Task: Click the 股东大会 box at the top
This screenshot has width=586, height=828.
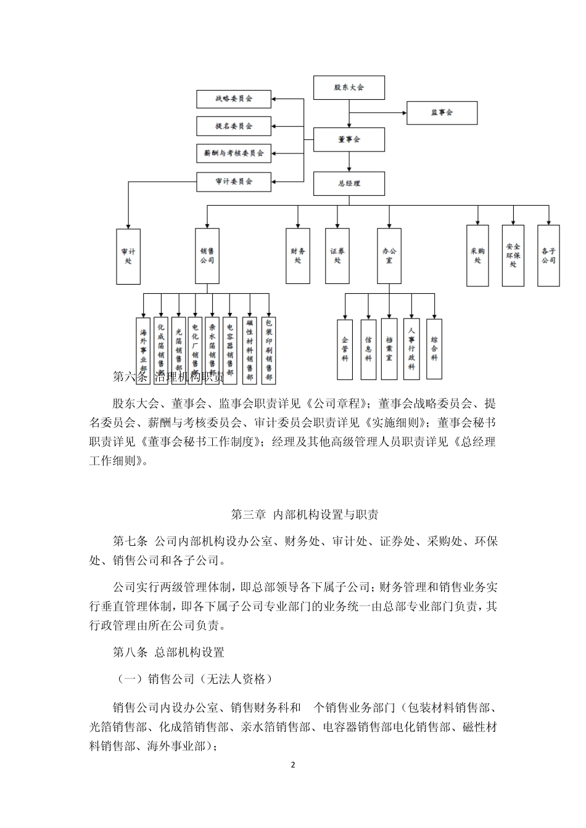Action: click(349, 87)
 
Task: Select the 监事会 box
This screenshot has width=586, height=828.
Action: click(442, 113)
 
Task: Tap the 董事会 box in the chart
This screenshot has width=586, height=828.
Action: click(349, 139)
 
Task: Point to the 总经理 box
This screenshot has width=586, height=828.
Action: click(349, 183)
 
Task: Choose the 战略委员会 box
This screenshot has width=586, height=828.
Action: click(234, 99)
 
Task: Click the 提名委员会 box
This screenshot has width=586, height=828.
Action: click(234, 126)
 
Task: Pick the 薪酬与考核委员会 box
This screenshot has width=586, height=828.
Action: click(234, 152)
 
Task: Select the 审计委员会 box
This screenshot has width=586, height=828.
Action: click(234, 181)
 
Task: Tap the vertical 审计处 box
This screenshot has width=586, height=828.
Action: click(128, 256)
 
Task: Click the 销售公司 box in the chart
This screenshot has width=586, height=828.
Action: click(207, 256)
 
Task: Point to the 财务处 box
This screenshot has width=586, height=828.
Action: click(298, 256)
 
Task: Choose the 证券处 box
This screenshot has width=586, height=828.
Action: click(337, 256)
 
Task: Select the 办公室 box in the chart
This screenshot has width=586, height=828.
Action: click(389, 256)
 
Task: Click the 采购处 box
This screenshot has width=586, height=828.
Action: click(477, 256)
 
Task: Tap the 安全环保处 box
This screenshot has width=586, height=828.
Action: click(513, 256)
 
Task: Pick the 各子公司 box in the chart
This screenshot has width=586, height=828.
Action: click(548, 256)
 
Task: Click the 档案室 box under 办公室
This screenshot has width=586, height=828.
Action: click(389, 349)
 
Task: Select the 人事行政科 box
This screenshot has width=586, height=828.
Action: click(412, 349)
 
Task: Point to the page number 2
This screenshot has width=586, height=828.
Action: click(293, 765)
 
